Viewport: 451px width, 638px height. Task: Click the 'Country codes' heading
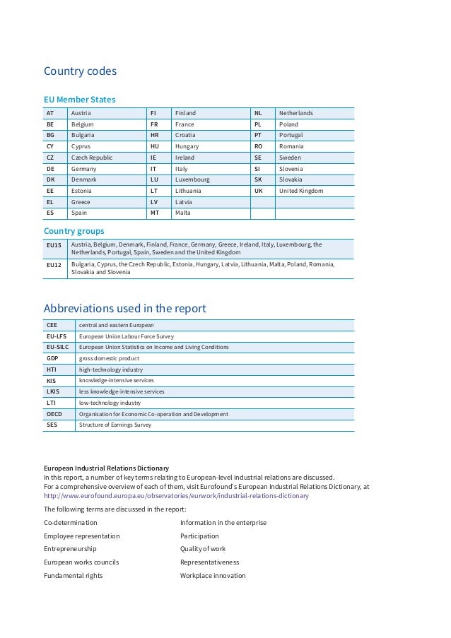[x=80, y=71]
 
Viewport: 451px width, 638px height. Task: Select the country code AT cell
[x=50, y=113]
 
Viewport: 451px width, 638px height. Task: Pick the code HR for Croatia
[x=154, y=135]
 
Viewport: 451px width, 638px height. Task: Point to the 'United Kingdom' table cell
[x=301, y=191]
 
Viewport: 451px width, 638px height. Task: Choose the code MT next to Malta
[x=155, y=213]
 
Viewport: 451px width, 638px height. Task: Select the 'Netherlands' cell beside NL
[x=296, y=113]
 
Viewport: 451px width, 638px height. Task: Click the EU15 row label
[x=54, y=245]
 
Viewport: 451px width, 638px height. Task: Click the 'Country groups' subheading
[x=74, y=231]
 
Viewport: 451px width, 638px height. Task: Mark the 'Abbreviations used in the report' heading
[x=125, y=308]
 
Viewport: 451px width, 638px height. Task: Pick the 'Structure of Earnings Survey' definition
[x=115, y=425]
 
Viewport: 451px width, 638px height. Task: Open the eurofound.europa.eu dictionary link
[x=176, y=496]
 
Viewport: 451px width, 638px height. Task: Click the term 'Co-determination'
[x=71, y=523]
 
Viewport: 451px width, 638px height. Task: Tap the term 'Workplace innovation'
[x=213, y=576]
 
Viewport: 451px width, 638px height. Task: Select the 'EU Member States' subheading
[x=79, y=100]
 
